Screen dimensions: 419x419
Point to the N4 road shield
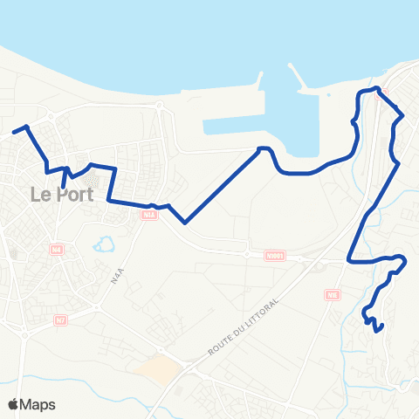57,250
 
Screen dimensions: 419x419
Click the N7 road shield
60,320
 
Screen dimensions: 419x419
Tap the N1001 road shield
276,256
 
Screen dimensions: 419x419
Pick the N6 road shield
333,295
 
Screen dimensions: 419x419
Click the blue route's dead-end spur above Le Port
64,184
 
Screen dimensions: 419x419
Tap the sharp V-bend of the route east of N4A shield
185,223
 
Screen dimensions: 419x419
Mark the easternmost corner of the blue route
406,260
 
